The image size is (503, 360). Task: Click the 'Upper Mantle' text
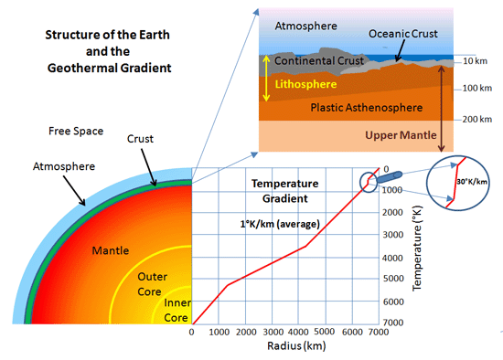pos(401,135)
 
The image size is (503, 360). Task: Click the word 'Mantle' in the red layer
pos(112,249)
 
